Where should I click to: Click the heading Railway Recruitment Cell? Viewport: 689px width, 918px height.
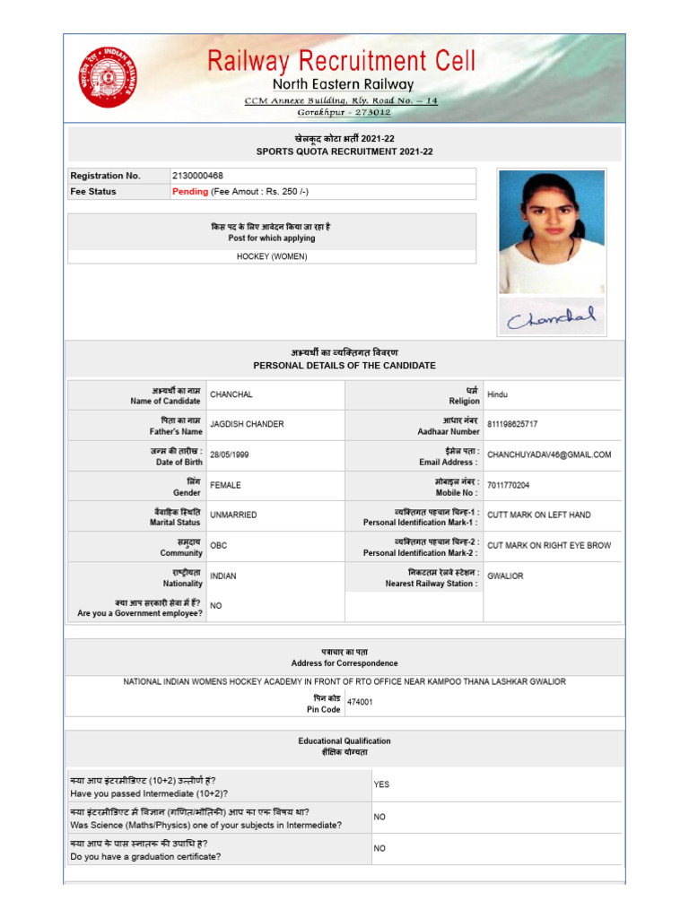(x=342, y=60)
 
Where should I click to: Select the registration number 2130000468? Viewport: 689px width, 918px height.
(x=197, y=176)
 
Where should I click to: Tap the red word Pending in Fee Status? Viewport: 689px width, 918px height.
(x=190, y=192)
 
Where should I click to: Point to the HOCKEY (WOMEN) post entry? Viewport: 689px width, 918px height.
(x=272, y=256)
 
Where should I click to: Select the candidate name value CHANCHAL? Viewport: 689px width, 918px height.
(x=231, y=394)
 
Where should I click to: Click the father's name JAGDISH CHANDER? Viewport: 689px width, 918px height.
(x=247, y=424)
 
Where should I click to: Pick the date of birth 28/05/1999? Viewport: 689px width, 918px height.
(x=230, y=455)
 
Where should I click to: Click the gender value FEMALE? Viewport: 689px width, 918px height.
(x=225, y=485)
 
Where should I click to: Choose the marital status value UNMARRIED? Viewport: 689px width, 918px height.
(x=233, y=515)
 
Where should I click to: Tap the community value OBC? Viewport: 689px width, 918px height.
(x=219, y=545)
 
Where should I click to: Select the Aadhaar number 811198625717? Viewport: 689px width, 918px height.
(x=512, y=424)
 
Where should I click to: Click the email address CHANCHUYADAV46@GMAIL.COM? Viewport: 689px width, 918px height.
(x=549, y=455)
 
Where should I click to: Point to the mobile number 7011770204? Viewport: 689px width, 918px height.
(x=509, y=485)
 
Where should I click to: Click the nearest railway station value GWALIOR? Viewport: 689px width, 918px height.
(x=505, y=576)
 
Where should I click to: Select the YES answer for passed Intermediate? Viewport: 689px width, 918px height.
(x=381, y=784)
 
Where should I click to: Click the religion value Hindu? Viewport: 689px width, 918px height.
(x=497, y=394)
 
